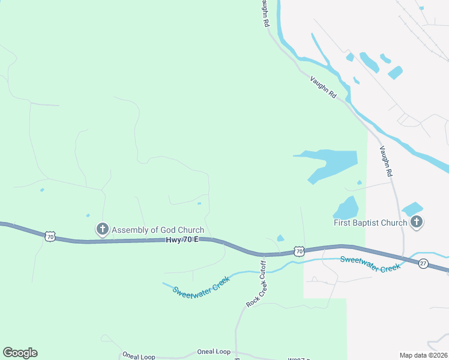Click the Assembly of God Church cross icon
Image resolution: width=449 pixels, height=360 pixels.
pos(103,229)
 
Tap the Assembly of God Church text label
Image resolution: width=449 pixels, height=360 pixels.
pos(158,230)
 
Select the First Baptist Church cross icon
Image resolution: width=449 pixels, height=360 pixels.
pos(417,223)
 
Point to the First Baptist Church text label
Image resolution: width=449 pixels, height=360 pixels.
pos(370,223)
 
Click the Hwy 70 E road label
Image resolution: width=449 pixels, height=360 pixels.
pos(181,240)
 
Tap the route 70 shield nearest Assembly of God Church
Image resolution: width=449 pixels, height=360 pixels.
pos(50,236)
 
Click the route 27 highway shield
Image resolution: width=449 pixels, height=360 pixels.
pos(423,263)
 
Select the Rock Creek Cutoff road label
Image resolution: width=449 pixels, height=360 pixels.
pos(256,283)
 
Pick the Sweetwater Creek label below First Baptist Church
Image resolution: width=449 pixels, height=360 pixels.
pos(370,263)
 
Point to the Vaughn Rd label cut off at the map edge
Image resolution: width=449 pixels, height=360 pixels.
pos(265,13)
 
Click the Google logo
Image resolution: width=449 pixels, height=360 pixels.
pos(20,353)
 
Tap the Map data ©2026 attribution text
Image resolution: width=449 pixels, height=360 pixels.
pos(423,355)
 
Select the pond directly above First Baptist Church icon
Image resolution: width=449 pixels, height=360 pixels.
pos(412,209)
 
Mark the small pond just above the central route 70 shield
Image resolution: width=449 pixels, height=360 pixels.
pos(280,238)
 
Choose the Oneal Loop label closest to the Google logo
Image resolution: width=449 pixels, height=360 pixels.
pos(139,356)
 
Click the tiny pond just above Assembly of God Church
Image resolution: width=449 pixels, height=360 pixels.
pos(88,215)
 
